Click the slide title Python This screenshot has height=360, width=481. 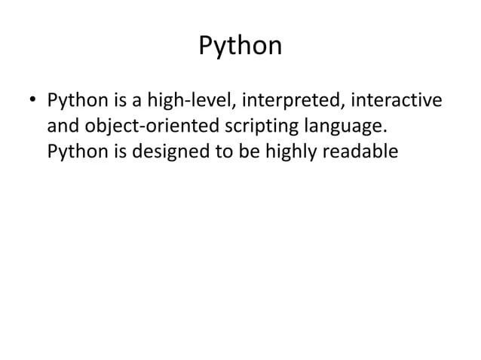click(240, 47)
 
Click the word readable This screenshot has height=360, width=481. click(360, 152)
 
